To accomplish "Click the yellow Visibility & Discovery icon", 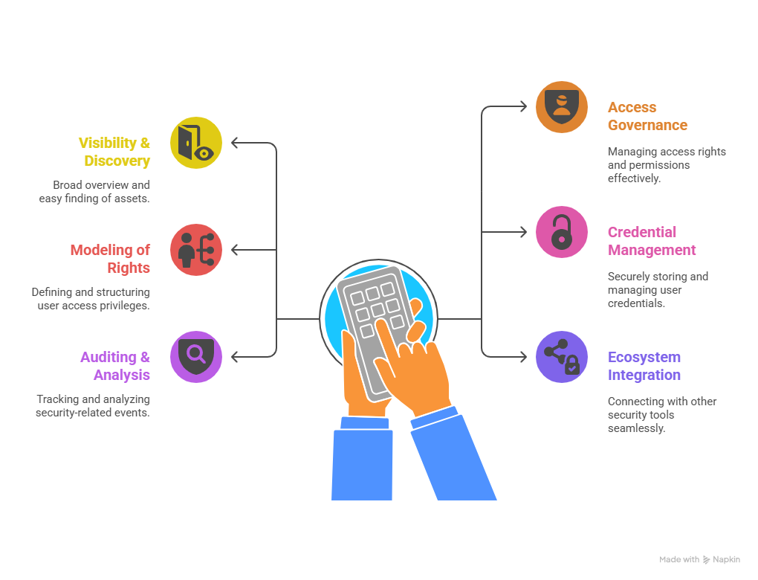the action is point(195,143).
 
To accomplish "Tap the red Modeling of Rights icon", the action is point(195,250).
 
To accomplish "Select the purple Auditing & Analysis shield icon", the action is point(195,357).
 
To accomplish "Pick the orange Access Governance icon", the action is point(562,107).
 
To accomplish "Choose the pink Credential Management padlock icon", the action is point(562,232).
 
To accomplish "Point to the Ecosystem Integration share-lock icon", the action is point(562,357).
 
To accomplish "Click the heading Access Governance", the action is point(647,116).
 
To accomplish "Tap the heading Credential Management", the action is point(652,241).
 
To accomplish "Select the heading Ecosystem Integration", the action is point(644,366).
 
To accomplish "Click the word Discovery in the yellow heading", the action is point(117,161).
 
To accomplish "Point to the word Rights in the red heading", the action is point(129,268).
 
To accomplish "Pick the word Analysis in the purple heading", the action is point(122,375).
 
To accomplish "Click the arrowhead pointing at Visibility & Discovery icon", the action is point(235,143).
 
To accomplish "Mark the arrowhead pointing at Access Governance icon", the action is point(523,106).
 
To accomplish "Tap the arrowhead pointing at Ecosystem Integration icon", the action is point(523,357).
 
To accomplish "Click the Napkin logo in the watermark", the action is point(706,560).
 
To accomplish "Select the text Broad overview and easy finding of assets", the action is point(94,192).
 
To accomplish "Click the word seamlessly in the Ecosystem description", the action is point(636,428).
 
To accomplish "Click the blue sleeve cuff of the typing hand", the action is point(434,417).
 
